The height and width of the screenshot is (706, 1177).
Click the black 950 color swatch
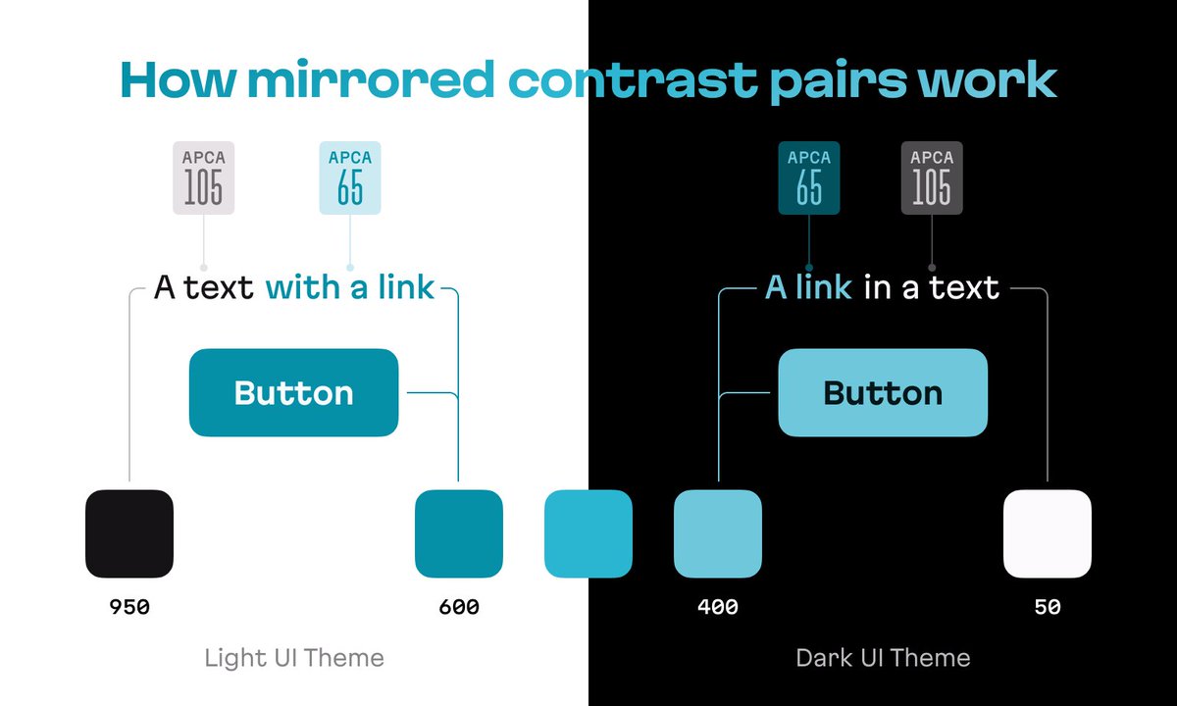click(x=129, y=533)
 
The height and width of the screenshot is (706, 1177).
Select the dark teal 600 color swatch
click(x=458, y=533)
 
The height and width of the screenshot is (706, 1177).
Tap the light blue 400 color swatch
click(x=717, y=533)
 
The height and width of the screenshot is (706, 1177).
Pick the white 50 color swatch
click(x=1047, y=533)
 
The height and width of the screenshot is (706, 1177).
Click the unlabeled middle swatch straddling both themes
click(x=588, y=533)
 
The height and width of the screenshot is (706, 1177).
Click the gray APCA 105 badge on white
click(x=204, y=177)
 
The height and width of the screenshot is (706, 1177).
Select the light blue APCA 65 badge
click(x=350, y=177)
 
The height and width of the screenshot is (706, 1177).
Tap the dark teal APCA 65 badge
click(x=809, y=177)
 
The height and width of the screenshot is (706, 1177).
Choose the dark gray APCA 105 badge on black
click(x=932, y=177)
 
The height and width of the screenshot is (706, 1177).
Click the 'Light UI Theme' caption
click(x=294, y=657)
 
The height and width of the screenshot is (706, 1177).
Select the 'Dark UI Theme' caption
click(x=883, y=657)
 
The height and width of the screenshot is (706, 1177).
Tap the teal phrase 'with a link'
click(x=350, y=288)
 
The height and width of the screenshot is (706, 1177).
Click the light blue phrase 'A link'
click(x=808, y=288)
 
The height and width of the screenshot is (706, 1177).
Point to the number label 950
click(x=129, y=607)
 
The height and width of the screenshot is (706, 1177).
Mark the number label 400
click(x=717, y=607)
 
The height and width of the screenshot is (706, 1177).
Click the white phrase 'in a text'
click(x=932, y=288)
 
